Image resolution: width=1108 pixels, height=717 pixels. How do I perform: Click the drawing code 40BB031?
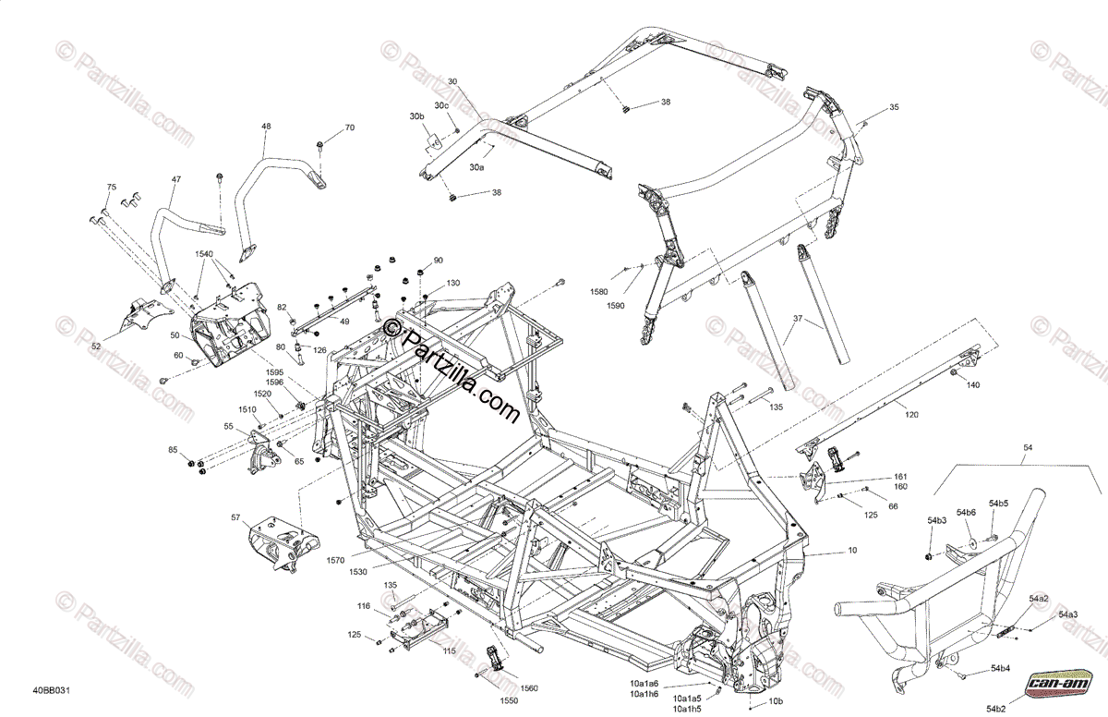point(52,689)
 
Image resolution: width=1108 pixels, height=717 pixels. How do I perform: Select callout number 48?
point(266,127)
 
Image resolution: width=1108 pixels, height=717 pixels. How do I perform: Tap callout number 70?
point(349,128)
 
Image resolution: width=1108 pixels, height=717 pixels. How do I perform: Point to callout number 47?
point(175,179)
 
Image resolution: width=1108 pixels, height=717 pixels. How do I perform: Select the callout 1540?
point(203,253)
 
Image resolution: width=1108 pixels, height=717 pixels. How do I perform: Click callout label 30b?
point(416,116)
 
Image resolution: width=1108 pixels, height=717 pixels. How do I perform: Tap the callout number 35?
point(893,108)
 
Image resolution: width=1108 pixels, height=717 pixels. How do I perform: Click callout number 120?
point(911,415)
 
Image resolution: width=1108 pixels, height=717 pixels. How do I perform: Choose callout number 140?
point(973,385)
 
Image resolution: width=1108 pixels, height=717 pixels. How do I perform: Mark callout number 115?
point(450,650)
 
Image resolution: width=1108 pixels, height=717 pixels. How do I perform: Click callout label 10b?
point(777,699)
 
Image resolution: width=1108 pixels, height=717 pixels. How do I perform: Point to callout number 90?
point(438,261)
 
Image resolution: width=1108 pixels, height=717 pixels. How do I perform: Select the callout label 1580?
point(601,291)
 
